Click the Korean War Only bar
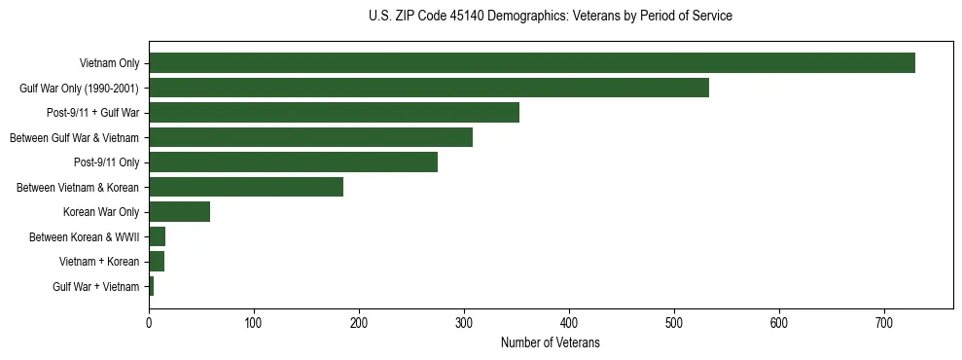click(179, 212)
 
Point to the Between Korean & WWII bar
click(157, 236)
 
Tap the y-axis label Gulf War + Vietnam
click(96, 287)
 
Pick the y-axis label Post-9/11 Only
click(107, 162)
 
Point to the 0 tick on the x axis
click(149, 321)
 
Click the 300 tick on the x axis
click(464, 321)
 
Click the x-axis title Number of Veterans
click(550, 342)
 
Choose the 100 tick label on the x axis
click(254, 321)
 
